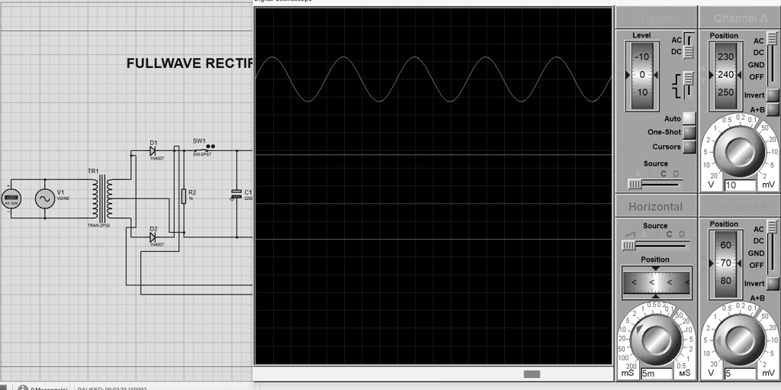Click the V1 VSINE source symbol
tap(44, 199)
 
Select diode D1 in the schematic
tap(153, 151)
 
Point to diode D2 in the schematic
tap(153, 237)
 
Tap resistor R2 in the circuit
tap(183, 196)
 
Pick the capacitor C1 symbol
tap(236, 195)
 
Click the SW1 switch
tap(201, 150)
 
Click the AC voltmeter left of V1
tap(11, 199)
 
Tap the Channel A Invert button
tap(773, 95)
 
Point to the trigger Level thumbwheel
tap(641, 75)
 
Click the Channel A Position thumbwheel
tap(725, 75)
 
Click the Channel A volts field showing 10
tap(738, 185)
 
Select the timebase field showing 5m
tap(656, 373)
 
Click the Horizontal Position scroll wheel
tap(656, 282)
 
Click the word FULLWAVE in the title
tap(161, 63)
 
